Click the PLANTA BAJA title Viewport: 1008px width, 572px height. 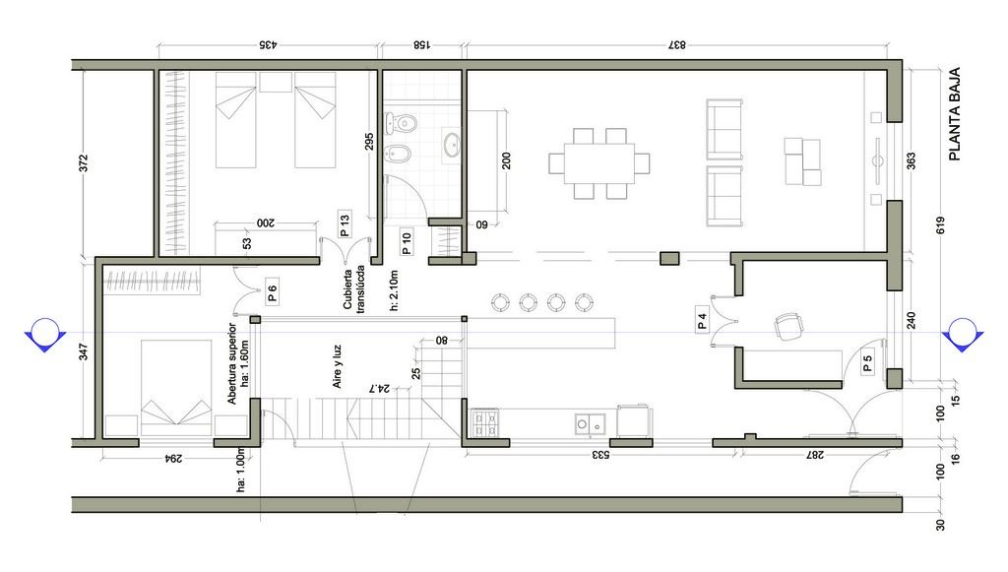click(x=955, y=114)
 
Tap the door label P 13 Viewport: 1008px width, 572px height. click(x=345, y=224)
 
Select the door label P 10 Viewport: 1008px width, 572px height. click(x=406, y=241)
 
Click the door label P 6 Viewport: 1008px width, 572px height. click(x=272, y=293)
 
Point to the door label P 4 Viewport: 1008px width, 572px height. click(x=702, y=321)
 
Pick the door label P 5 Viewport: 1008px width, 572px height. click(x=867, y=363)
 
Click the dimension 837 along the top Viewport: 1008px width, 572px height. click(x=677, y=45)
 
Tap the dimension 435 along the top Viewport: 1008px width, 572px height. click(x=268, y=45)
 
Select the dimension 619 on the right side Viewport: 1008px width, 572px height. click(x=940, y=225)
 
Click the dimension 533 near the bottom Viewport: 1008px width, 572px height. click(x=600, y=455)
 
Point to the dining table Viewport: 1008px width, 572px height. click(x=599, y=163)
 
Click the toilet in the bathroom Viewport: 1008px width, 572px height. click(x=401, y=121)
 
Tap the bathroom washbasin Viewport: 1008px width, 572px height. click(x=452, y=146)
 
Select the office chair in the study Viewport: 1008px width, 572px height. click(x=788, y=326)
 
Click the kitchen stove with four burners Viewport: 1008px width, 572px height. click(x=484, y=423)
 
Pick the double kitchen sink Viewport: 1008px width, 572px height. click(x=591, y=424)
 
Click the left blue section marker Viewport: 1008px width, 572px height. click(x=45, y=335)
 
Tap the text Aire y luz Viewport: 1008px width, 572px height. click(x=337, y=367)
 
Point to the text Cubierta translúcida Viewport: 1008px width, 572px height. click(x=353, y=287)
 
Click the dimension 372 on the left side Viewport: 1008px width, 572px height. click(x=83, y=162)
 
